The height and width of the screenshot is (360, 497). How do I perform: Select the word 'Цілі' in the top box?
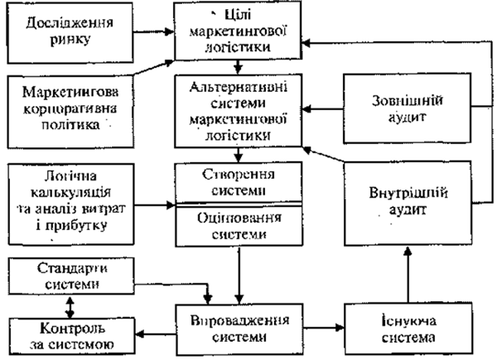pos(239,17)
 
